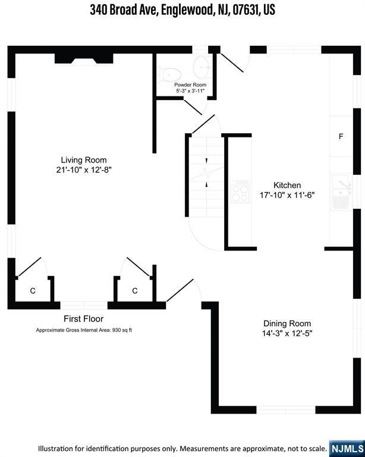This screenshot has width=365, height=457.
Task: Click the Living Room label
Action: coord(84,160)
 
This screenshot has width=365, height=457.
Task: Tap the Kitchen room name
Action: coord(287,185)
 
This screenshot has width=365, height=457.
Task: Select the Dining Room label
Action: coord(287,324)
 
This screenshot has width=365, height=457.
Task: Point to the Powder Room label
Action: coord(190,85)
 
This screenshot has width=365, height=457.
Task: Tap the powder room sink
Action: coord(203,67)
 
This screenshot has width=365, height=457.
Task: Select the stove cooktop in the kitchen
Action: coord(240,192)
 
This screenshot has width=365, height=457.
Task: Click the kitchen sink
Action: coord(342,192)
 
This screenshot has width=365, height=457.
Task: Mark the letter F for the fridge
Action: coord(341,136)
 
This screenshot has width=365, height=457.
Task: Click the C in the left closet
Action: coord(33,291)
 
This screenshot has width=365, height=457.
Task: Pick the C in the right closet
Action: coord(135,291)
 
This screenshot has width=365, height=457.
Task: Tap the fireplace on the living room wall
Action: coord(84,58)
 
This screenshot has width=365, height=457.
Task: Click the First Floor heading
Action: coord(84,319)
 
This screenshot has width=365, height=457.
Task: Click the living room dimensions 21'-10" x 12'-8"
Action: coord(84,170)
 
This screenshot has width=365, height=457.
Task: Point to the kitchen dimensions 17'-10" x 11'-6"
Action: coord(287,195)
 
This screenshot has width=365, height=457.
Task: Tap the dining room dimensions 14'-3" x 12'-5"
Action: coord(287,333)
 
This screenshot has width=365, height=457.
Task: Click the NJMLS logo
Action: coord(347,449)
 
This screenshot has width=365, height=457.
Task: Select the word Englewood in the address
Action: coord(187,10)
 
